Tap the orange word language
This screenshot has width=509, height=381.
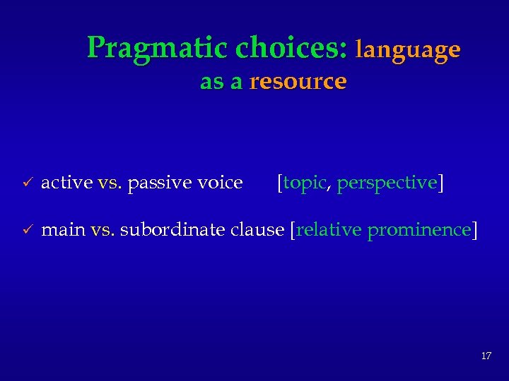408,49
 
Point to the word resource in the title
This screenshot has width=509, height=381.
298,82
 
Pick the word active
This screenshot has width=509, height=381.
67,183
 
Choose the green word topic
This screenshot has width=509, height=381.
304,183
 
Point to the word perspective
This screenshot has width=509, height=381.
387,183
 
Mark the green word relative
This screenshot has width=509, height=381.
329,230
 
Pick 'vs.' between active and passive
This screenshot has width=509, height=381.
110,183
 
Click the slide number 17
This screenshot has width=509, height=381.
486,356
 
